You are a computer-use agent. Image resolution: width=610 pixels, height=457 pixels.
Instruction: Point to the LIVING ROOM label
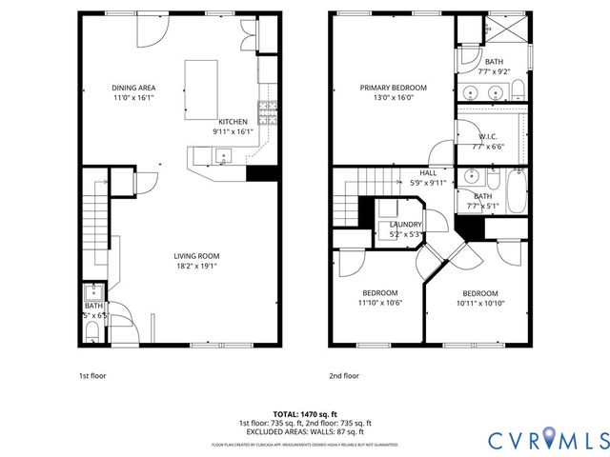tap(196, 255)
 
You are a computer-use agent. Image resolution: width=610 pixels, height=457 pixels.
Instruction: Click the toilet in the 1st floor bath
tap(91, 330)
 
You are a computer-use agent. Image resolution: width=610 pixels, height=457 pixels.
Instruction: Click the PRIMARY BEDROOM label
tap(393, 88)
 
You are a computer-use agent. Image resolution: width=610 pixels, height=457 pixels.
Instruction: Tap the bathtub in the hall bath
tap(516, 191)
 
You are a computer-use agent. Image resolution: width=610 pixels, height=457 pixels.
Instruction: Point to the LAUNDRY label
tap(406, 224)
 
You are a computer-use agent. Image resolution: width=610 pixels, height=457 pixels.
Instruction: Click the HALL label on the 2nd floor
tap(427, 172)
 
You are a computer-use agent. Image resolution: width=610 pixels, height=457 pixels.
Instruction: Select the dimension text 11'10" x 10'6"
tap(379, 303)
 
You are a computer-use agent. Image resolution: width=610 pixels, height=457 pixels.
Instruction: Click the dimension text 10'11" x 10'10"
tap(480, 303)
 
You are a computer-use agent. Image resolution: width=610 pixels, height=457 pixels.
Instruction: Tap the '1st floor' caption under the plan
tap(91, 375)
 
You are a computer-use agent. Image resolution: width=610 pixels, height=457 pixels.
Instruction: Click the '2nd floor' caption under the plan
tap(344, 375)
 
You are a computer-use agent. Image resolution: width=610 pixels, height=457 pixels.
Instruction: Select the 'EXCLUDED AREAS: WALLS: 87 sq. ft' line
tap(304, 430)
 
